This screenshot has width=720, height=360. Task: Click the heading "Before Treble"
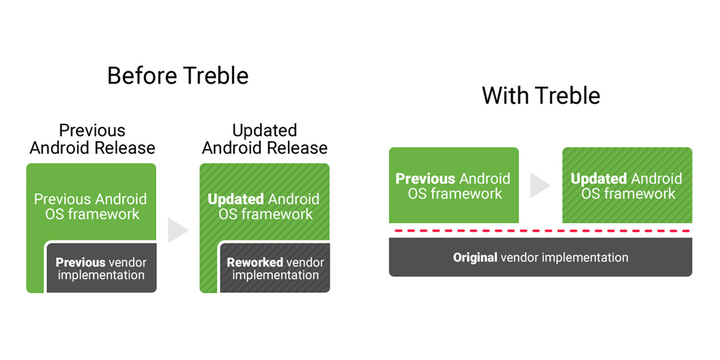click(178, 76)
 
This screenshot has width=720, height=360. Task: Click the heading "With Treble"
click(541, 96)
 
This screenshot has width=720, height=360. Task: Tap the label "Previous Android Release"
click(92, 139)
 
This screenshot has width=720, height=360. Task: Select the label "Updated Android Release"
click(265, 139)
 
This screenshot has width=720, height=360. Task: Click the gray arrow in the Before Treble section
click(178, 230)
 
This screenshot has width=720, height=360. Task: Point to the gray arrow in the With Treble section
click(541, 185)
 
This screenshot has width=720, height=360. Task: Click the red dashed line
click(541, 230)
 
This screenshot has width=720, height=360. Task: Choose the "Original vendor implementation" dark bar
click(541, 257)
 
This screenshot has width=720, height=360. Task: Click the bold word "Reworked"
click(254, 263)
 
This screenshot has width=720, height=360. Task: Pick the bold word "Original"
click(474, 257)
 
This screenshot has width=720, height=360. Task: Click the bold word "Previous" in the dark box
click(81, 263)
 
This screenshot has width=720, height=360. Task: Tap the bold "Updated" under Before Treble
click(235, 199)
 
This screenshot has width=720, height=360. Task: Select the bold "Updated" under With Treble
click(598, 178)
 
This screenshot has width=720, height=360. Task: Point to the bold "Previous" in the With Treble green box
click(426, 178)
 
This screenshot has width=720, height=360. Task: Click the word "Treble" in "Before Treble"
click(215, 76)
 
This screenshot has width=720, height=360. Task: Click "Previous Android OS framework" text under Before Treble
click(91, 207)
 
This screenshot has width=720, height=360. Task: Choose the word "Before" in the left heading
click(141, 76)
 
